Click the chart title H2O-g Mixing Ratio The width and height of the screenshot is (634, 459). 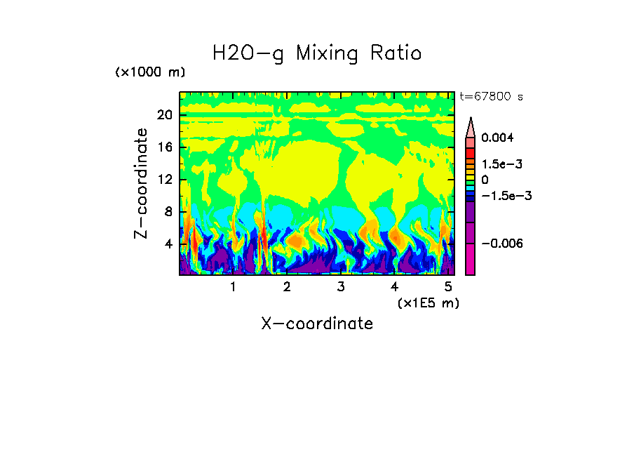tap(317, 53)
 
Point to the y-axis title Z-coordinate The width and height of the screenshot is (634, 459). tap(142, 183)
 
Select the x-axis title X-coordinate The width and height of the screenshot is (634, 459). tap(317, 324)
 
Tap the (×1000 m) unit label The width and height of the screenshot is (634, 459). tap(150, 73)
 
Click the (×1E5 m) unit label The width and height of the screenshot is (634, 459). tap(428, 302)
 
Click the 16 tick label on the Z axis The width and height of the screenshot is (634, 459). tap(165, 147)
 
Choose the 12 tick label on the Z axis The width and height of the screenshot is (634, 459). tap(165, 180)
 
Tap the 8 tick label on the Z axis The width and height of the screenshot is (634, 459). tap(168, 212)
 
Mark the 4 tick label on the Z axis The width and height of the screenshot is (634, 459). tap(168, 244)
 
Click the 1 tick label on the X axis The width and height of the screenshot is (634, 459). tap(234, 287)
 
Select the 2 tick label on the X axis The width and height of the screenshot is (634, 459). tap(287, 287)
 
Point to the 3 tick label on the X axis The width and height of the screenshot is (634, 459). tap(341, 287)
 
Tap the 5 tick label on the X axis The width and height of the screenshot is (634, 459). tap(449, 287)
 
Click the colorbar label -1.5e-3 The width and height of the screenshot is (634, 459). tap(504, 196)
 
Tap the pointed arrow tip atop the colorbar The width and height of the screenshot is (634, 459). tap(471, 119)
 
